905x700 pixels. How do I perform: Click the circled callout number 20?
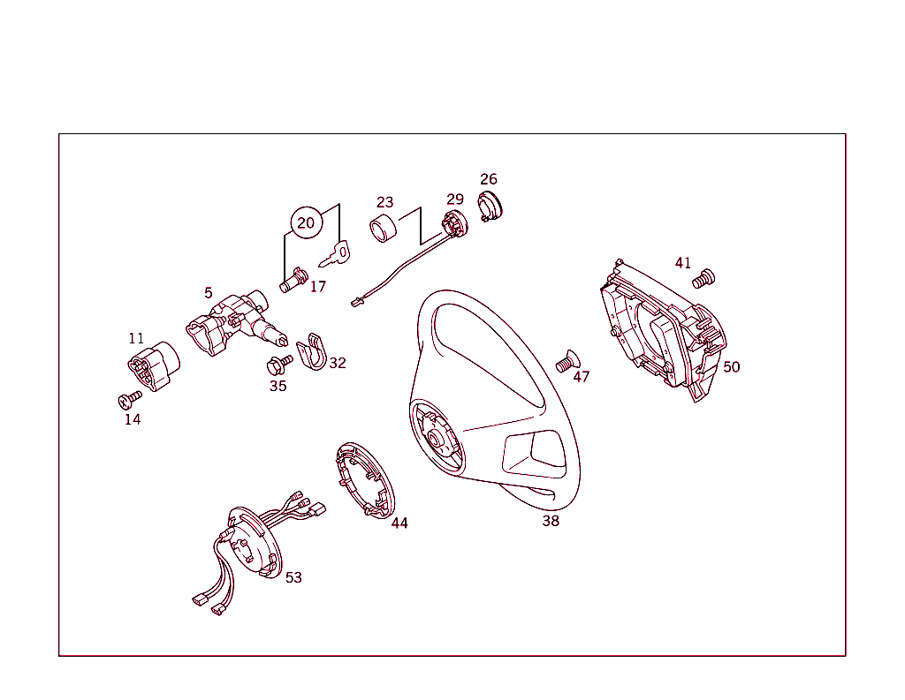pos(306,222)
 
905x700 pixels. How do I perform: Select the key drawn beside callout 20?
pos(335,255)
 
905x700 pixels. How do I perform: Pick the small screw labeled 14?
pos(130,400)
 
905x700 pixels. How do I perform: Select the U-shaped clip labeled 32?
pos(310,353)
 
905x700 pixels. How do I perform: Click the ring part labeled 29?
pos(454,223)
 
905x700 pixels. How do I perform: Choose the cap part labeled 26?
pos(489,205)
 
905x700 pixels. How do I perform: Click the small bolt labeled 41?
pos(703,279)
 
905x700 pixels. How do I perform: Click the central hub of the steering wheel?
pos(436,438)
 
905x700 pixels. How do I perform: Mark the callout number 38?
pos(551,521)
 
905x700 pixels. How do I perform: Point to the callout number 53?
pos(293,577)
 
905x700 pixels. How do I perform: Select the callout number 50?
pos(732,366)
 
